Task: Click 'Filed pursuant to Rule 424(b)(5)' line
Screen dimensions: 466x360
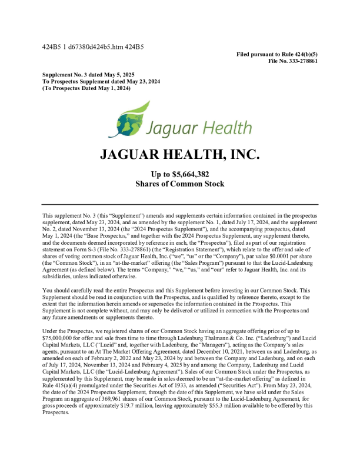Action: tap(277, 54)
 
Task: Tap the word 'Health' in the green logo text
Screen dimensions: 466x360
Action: tap(219, 127)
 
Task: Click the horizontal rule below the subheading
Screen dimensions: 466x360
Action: tap(179, 204)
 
